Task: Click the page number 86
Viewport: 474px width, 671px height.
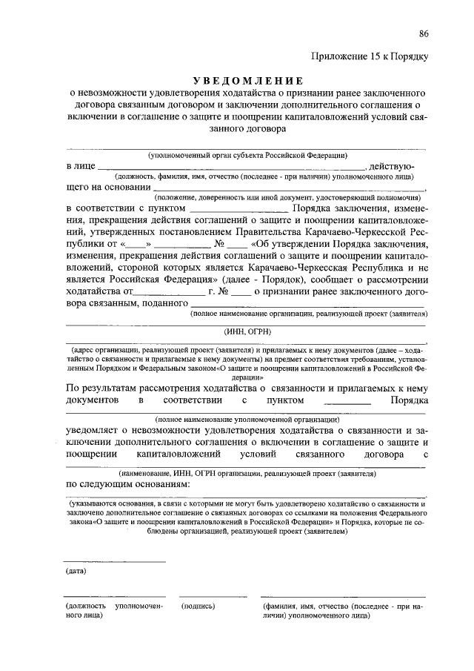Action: click(424, 33)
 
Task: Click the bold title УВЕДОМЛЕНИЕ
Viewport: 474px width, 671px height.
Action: click(246, 80)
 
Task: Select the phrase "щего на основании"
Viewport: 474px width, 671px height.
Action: click(107, 188)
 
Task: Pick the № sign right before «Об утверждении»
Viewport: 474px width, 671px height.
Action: click(219, 242)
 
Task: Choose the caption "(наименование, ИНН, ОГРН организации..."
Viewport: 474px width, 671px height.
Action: click(247, 472)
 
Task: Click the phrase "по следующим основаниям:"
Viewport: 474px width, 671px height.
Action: click(128, 484)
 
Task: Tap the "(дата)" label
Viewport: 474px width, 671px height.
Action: click(76, 571)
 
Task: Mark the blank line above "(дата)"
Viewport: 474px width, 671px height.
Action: click(114, 562)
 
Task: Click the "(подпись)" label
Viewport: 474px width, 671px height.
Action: click(197, 606)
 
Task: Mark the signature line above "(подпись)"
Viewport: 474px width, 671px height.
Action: click(211, 596)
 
